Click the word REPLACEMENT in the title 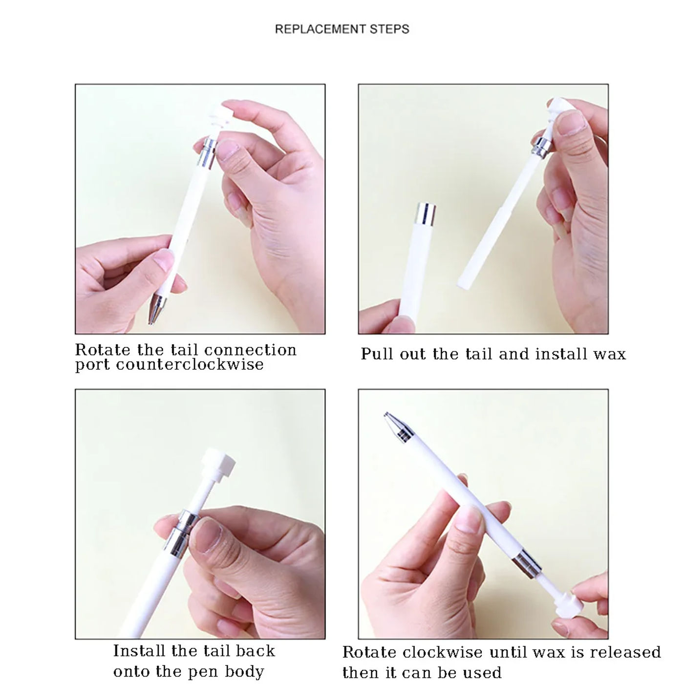point(320,29)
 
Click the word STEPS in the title point(389,29)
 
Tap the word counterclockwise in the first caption point(190,364)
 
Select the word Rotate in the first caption point(103,350)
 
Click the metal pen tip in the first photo point(156,308)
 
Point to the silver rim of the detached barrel point(425,214)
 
